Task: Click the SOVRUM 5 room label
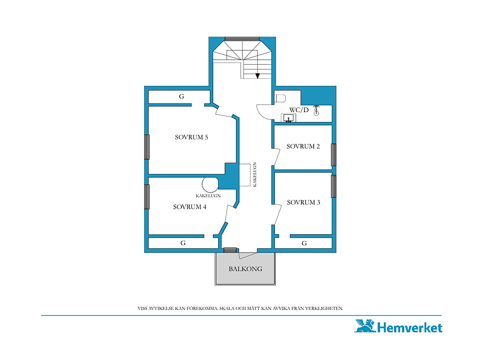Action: pyautogui.click(x=191, y=137)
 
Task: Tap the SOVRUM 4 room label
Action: pyautogui.click(x=190, y=207)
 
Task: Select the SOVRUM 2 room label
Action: pyautogui.click(x=303, y=146)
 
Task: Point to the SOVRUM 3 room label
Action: pyautogui.click(x=304, y=202)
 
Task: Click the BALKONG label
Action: pyautogui.click(x=245, y=269)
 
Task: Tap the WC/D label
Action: pyautogui.click(x=299, y=110)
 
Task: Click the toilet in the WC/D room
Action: pyautogui.click(x=280, y=99)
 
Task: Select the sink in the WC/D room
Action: pyautogui.click(x=288, y=118)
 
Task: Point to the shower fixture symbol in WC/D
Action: pyautogui.click(x=316, y=110)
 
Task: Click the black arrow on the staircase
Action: pyautogui.click(x=257, y=76)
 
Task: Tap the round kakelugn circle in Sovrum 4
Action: pyautogui.click(x=210, y=184)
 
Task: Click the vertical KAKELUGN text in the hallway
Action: pyautogui.click(x=255, y=174)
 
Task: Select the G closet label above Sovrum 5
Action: pyautogui.click(x=182, y=96)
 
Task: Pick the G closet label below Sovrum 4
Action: pyautogui.click(x=183, y=243)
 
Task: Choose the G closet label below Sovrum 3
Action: pyautogui.click(x=304, y=243)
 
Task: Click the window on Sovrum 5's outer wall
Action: pyautogui.click(x=147, y=147)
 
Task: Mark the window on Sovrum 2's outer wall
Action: pyautogui.click(x=334, y=155)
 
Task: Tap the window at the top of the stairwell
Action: pyautogui.click(x=242, y=39)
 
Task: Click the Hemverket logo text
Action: pyautogui.click(x=409, y=327)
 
